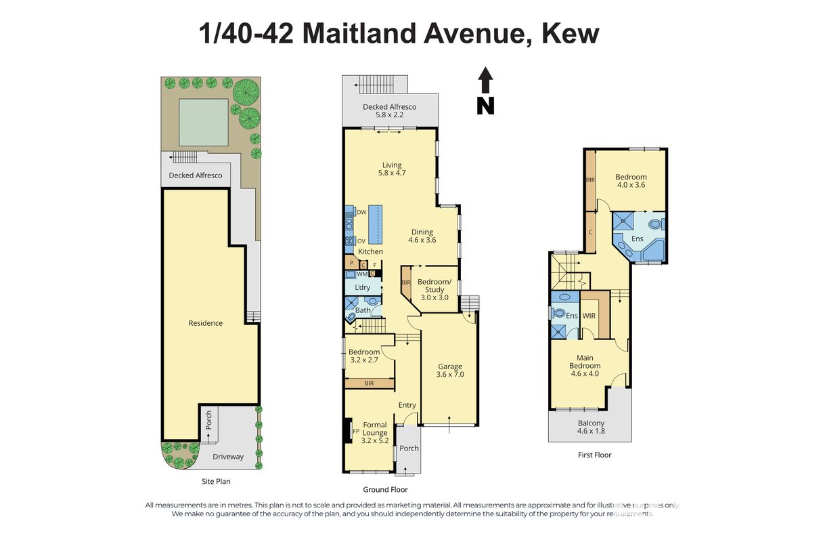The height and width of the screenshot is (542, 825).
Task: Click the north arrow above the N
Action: (x=485, y=80)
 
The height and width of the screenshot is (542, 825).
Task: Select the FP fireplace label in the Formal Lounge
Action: (x=356, y=431)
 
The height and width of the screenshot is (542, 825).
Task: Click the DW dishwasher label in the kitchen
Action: (x=361, y=212)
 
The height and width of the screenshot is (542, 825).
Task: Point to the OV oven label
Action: (x=361, y=241)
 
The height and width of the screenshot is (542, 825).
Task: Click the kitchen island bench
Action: (x=376, y=224)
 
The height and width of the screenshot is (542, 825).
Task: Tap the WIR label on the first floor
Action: (x=589, y=316)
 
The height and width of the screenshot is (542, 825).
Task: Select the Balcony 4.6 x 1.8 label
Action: (x=591, y=427)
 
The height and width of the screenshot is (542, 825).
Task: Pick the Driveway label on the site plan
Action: (x=228, y=457)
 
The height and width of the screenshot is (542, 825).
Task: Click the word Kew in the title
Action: (x=571, y=34)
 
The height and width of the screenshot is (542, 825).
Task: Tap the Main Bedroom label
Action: (x=585, y=365)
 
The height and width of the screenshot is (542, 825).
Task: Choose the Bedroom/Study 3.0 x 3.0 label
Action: (x=434, y=289)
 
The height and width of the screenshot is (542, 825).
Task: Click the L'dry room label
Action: (x=362, y=287)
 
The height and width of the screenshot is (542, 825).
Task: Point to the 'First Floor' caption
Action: (x=594, y=455)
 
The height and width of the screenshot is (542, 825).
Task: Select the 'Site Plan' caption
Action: (x=216, y=481)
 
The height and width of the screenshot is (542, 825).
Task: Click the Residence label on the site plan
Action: (x=206, y=323)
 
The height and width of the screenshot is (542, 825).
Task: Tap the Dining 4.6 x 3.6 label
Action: (x=422, y=236)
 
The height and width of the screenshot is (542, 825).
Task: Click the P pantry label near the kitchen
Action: (x=352, y=263)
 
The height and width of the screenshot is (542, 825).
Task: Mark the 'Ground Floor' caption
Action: (x=385, y=489)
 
